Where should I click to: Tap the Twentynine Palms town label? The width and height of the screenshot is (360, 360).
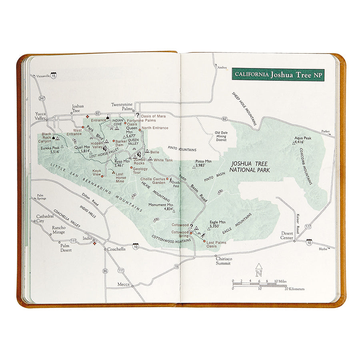click(122, 106)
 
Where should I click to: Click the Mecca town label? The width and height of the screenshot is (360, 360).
click(123, 284)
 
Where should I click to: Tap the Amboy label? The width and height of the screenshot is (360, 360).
click(222, 68)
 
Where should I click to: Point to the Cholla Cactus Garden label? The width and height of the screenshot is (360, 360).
click(153, 180)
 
